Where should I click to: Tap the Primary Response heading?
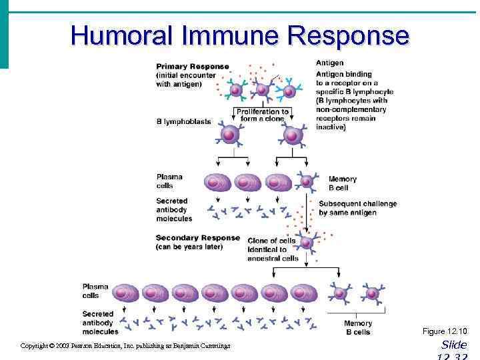click(192, 67)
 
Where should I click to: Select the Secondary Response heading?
click(197, 238)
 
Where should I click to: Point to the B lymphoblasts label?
click(183, 122)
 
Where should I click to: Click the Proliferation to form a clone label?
click(262, 115)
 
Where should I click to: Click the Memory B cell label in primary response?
click(342, 183)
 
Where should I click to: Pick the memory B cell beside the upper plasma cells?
click(306, 181)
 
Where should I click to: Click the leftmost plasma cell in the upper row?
click(217, 181)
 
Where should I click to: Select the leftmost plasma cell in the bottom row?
click(125, 292)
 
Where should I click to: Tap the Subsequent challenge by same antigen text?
click(357, 208)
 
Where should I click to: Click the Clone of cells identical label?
click(273, 249)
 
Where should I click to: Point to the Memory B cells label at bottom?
click(358, 327)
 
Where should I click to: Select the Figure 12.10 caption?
click(445, 331)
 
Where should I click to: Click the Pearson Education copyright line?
click(125, 346)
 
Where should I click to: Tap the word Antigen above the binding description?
click(330, 63)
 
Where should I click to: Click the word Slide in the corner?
click(454, 345)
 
